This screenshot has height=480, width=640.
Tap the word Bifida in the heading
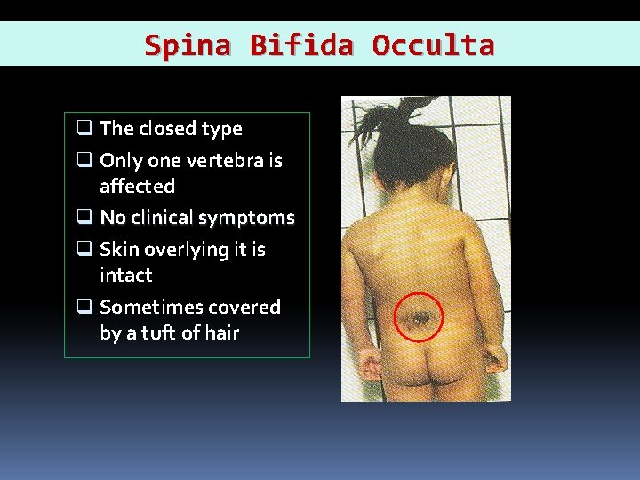pyautogui.click(x=302, y=44)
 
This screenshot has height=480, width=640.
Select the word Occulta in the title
pyautogui.click(x=433, y=44)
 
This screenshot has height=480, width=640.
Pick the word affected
pyautogui.click(x=137, y=187)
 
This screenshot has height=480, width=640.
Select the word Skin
pyautogui.click(x=119, y=250)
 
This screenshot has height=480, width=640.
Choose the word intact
pyautogui.click(x=126, y=276)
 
